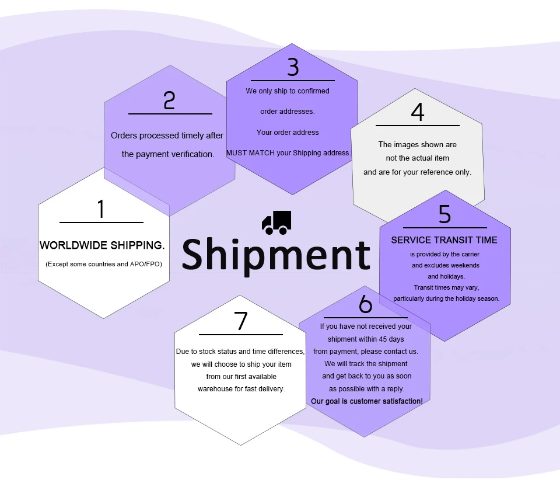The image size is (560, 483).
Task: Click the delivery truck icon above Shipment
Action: [x=276, y=223]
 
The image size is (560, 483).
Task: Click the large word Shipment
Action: [x=276, y=255]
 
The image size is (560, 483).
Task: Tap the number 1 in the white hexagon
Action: [x=101, y=209]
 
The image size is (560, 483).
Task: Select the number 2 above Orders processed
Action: [x=169, y=100]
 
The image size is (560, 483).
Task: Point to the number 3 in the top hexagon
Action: [x=293, y=68]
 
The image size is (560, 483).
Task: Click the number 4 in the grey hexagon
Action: [x=417, y=112]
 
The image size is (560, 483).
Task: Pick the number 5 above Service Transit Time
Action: [x=444, y=214]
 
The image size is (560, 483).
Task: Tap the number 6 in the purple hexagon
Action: [x=365, y=304]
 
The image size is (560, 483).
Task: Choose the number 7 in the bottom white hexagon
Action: [x=241, y=322]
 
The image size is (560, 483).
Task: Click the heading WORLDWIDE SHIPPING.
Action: [x=102, y=245]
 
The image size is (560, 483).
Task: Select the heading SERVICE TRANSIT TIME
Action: [x=444, y=240]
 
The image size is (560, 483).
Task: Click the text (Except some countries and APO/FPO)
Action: [x=104, y=264]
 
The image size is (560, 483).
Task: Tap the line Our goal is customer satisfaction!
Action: [x=367, y=401]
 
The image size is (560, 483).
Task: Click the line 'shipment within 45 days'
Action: [x=366, y=339]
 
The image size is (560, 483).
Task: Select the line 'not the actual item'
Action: [x=417, y=158]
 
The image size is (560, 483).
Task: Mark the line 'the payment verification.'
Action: [x=168, y=154]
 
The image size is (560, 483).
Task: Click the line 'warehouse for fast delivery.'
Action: [x=241, y=388]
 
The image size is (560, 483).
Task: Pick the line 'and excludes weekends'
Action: [x=445, y=265]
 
